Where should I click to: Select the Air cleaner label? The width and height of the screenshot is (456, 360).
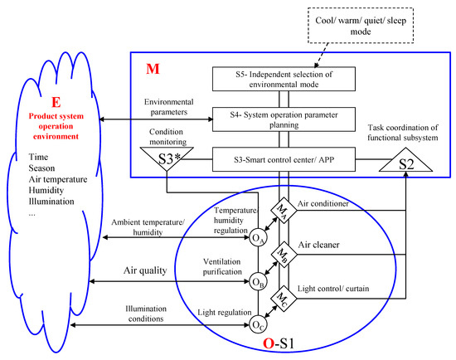coord(335,244)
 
